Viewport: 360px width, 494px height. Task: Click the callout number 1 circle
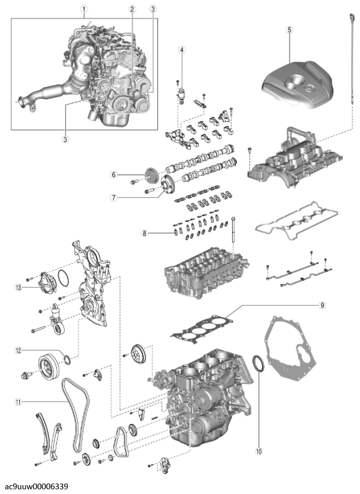84,9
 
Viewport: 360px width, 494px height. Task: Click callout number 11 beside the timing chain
18,402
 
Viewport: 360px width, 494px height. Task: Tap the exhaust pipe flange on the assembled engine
25,102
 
